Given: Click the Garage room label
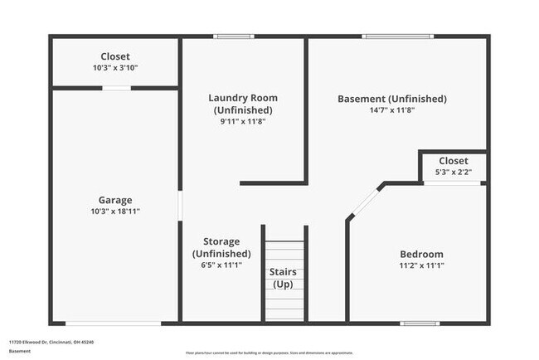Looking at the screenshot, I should [115, 199].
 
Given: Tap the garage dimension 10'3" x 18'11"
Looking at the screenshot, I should [115, 212].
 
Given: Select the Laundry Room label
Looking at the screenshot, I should [243, 98].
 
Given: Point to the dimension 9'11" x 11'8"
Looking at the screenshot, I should [243, 121].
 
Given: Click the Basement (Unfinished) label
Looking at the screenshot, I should [391, 99].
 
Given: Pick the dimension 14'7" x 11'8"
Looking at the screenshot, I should [391, 110].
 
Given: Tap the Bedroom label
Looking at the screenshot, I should [421, 254].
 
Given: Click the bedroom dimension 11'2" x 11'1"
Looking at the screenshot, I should [421, 266].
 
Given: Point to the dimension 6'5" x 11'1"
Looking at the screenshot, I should [215, 265].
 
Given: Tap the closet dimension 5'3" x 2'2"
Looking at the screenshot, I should [453, 173].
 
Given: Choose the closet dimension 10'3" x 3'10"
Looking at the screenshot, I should [115, 68].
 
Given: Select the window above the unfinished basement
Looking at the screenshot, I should [398, 36].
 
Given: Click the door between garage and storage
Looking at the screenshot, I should [180, 206].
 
